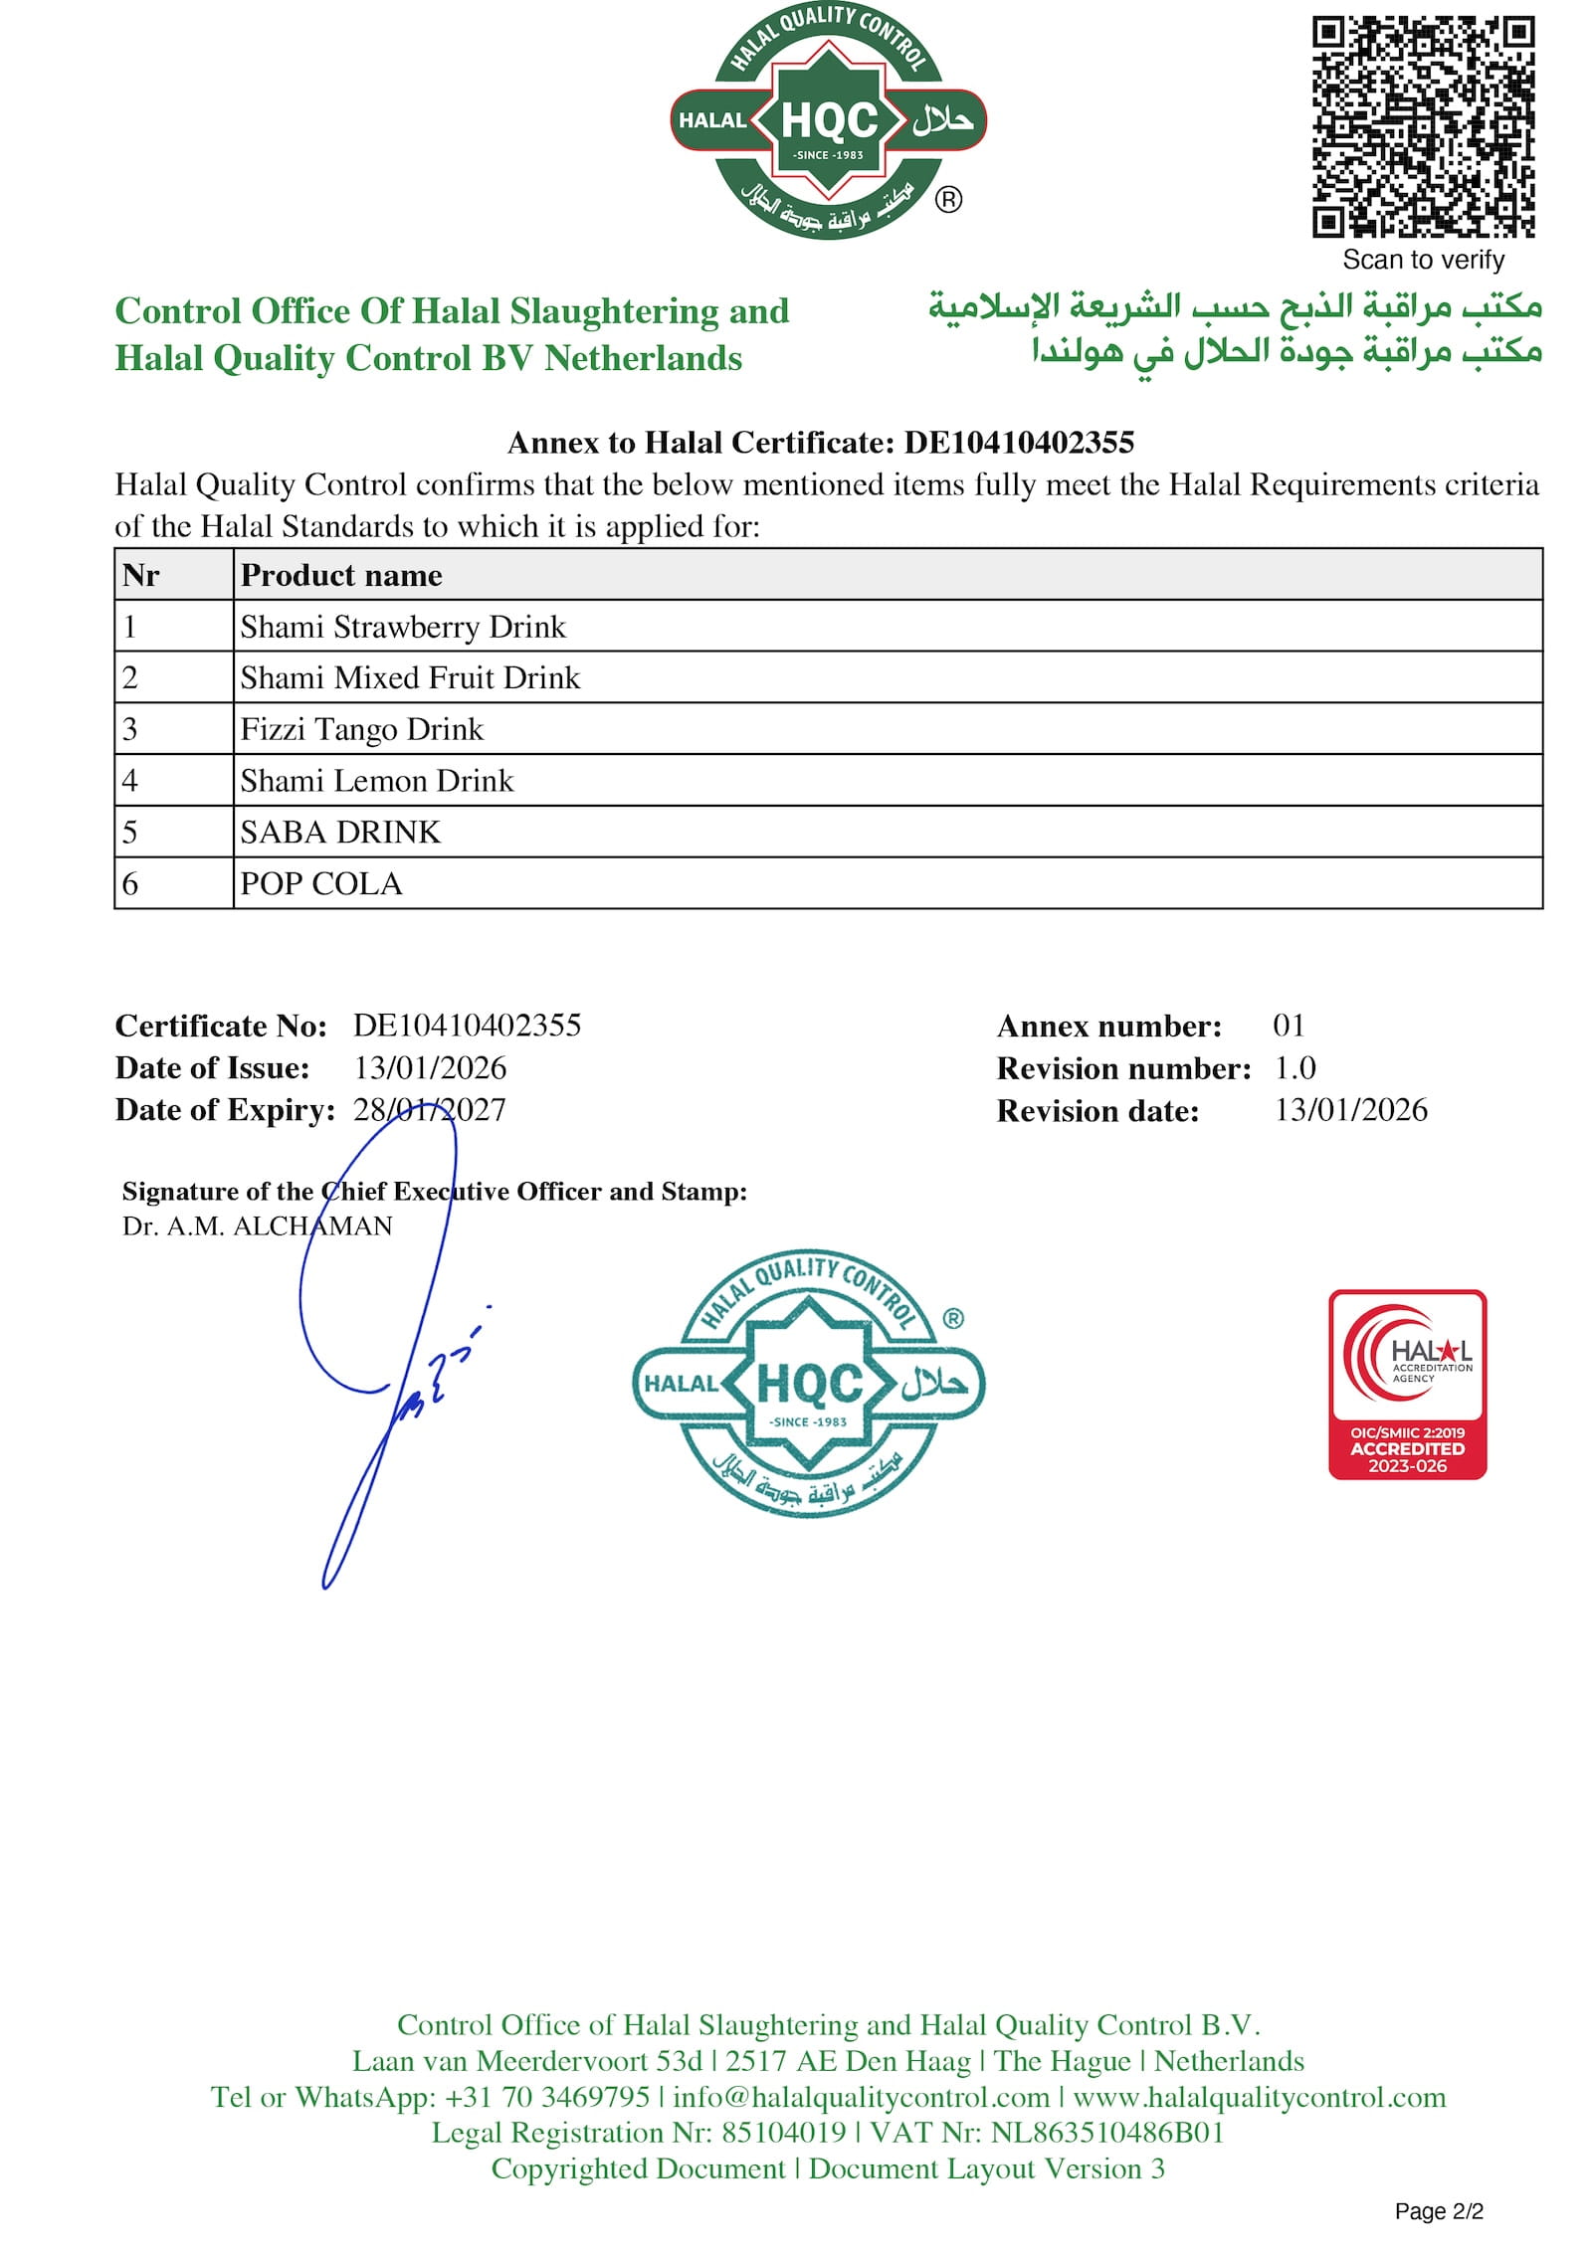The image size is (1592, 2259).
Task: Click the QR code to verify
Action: click(x=1422, y=126)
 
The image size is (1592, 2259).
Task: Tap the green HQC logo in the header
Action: click(x=828, y=122)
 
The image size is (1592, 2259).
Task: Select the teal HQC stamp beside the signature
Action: click(x=808, y=1383)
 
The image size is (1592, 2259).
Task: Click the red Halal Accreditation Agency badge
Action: click(x=1407, y=1384)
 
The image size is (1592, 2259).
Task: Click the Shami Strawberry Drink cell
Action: click(x=403, y=627)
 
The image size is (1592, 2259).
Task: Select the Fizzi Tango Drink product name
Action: click(x=361, y=729)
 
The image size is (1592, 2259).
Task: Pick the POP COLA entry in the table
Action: click(x=321, y=883)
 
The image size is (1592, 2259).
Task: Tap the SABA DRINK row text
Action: click(x=340, y=832)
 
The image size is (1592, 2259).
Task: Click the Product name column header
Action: click(x=341, y=575)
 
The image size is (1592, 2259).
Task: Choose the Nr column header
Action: click(x=141, y=575)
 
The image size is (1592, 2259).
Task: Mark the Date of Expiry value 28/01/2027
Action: click(x=430, y=1109)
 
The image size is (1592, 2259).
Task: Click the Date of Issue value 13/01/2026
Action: click(x=430, y=1067)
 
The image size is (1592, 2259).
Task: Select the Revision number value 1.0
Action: click(x=1295, y=1067)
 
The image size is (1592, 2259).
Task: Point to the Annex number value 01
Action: click(x=1289, y=1025)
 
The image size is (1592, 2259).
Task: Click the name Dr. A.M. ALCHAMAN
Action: click(x=257, y=1225)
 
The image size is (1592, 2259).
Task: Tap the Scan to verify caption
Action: click(x=1423, y=260)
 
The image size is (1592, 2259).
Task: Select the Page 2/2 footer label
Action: click(x=1439, y=2210)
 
